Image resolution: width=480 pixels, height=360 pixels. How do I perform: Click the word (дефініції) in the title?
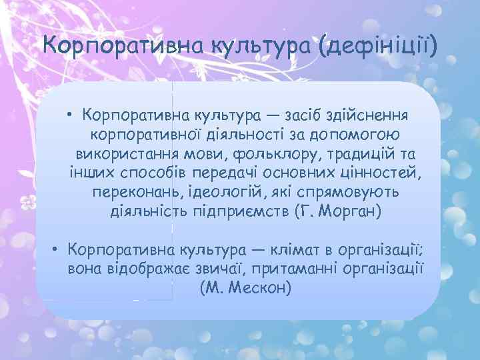click(378, 47)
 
